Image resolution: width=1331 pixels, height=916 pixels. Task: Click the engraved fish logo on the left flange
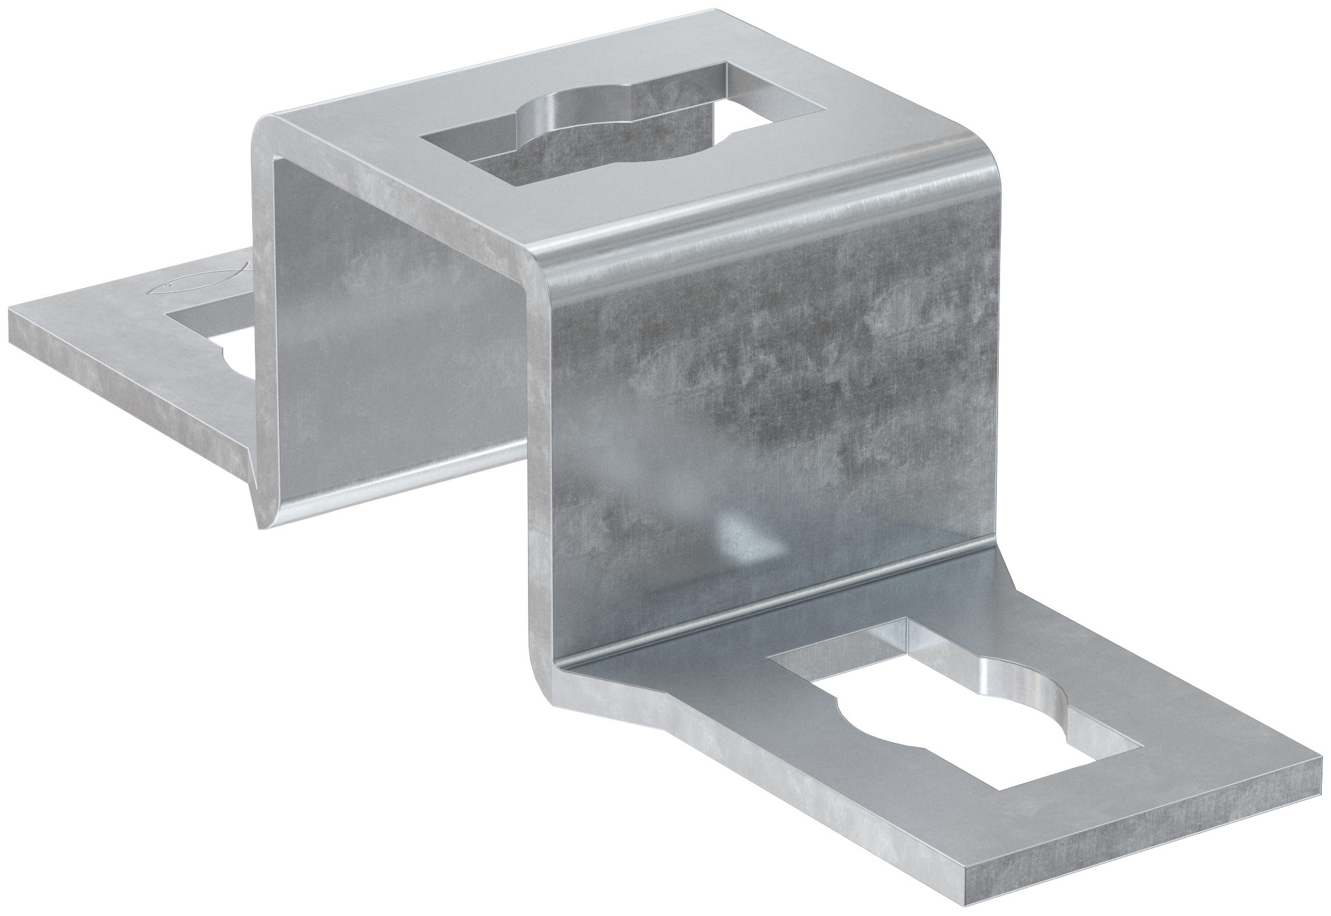coord(197,280)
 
